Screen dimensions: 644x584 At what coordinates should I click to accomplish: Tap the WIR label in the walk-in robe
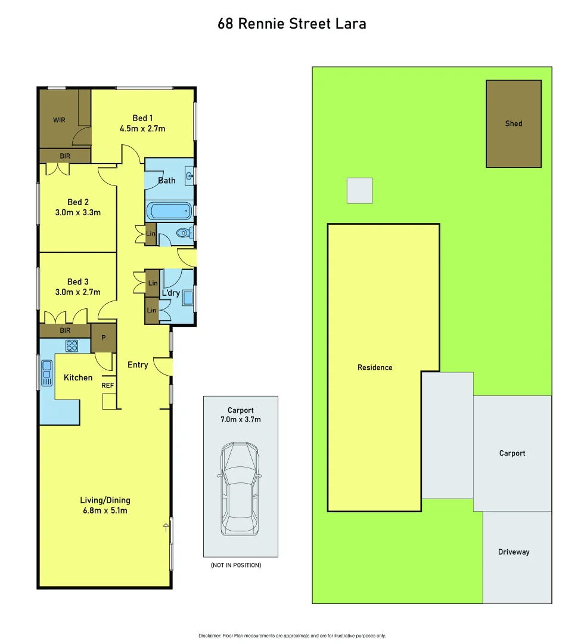tap(59, 120)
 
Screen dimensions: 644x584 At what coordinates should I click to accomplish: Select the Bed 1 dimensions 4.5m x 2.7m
tap(142, 128)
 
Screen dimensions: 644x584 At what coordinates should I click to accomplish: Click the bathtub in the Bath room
tap(170, 211)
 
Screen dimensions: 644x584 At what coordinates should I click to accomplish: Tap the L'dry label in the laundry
tap(171, 293)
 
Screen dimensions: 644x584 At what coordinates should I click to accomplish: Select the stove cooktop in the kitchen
tap(73, 345)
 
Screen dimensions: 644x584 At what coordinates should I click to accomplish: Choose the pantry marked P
tap(103, 338)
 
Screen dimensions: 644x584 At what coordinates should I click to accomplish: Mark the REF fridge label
tap(107, 385)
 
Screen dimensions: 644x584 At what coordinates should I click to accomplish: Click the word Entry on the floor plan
tap(138, 365)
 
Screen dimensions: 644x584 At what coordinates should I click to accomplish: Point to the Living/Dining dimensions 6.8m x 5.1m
tap(105, 510)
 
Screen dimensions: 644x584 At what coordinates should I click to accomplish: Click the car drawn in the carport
tap(240, 489)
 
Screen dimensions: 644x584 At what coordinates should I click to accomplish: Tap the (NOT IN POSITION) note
tap(236, 565)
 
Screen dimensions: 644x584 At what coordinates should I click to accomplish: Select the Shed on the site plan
tap(514, 123)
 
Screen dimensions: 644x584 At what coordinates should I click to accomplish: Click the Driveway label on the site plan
tap(514, 552)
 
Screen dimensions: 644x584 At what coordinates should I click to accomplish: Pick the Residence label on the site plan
tap(375, 367)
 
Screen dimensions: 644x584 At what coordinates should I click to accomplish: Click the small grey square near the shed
tap(360, 190)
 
